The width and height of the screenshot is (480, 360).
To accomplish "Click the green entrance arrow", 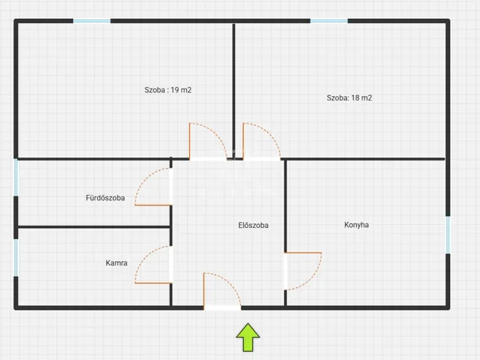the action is (248, 337).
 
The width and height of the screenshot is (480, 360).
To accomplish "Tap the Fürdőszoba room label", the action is (105, 198).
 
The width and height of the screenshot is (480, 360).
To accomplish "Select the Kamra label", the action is (116, 262).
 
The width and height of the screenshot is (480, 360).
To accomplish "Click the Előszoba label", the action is (253, 225).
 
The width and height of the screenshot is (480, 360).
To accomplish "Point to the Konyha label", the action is (356, 225).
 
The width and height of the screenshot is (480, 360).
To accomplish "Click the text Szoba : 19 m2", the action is (168, 90).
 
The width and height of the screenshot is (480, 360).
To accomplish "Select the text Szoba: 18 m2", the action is (349, 98).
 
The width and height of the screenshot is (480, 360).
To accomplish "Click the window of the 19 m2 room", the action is (91, 21).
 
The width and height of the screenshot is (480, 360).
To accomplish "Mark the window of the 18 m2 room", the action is (329, 21).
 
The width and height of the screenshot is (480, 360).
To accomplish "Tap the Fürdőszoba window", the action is (16, 178).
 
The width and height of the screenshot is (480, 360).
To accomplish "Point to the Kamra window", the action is (16, 258).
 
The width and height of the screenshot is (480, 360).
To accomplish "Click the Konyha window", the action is (448, 235).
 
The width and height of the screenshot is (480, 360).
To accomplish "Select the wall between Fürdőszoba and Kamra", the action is (94, 226).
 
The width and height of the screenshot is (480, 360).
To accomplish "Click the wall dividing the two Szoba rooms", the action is (234, 91).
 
